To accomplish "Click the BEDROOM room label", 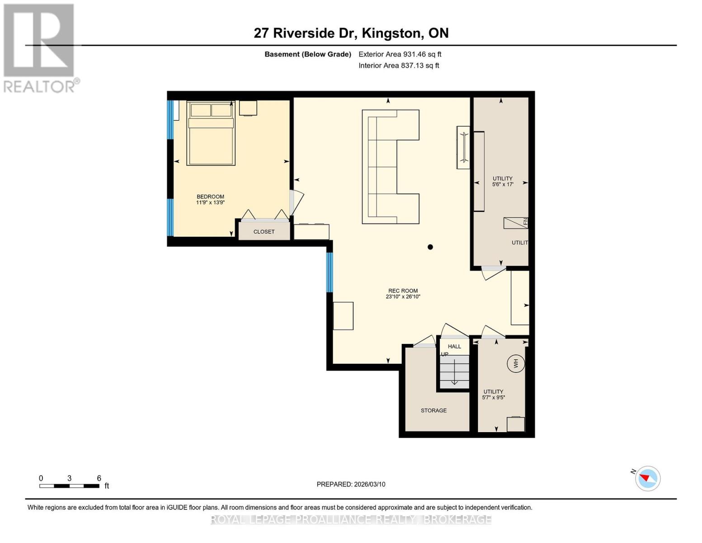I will pyautogui.click(x=210, y=197).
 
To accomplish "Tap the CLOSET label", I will pyautogui.click(x=264, y=232).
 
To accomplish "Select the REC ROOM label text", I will pyautogui.click(x=403, y=291).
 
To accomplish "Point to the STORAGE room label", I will pyautogui.click(x=433, y=410).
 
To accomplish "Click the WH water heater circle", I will pyautogui.click(x=515, y=363).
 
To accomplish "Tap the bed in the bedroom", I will pyautogui.click(x=211, y=133).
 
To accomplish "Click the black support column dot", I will pyautogui.click(x=430, y=247).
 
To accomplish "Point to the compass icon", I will pyautogui.click(x=647, y=478).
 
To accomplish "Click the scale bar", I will pyautogui.click(x=69, y=486).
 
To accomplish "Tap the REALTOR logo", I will pyautogui.click(x=39, y=48).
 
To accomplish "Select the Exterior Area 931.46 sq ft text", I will pyautogui.click(x=400, y=54).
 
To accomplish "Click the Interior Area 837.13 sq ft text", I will pyautogui.click(x=399, y=66).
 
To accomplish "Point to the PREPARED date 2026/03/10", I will pyautogui.click(x=351, y=484).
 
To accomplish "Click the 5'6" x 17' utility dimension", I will pyautogui.click(x=503, y=185).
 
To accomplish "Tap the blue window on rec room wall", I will pyautogui.click(x=330, y=272).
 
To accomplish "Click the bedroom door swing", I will pyautogui.click(x=297, y=202).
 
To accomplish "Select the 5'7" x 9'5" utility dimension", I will pyautogui.click(x=493, y=398).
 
